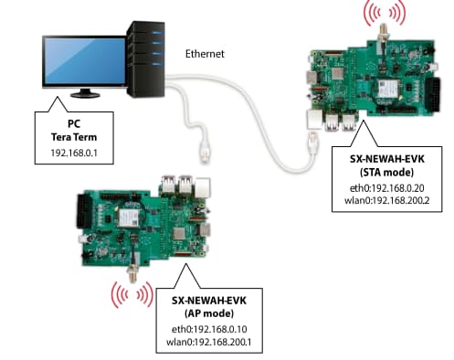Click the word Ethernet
206,54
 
